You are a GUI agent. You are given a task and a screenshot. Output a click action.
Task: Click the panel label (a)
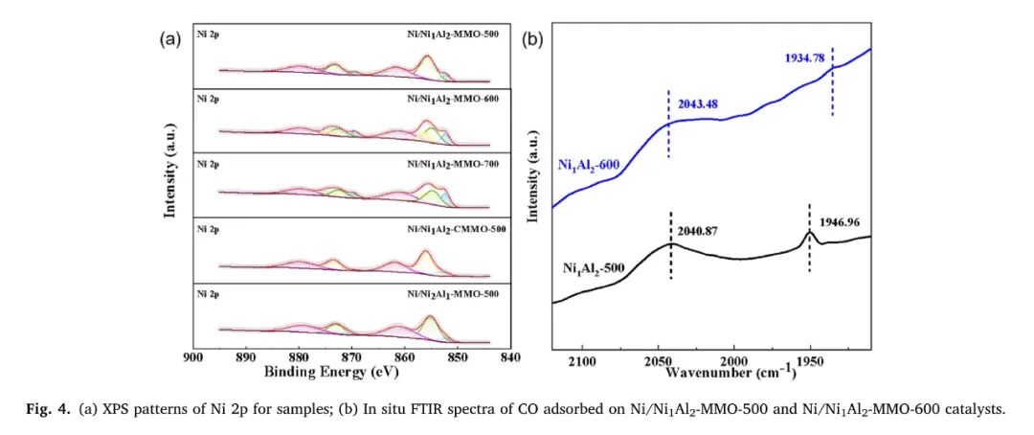click(169, 39)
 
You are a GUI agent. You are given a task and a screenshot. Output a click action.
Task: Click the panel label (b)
click(532, 39)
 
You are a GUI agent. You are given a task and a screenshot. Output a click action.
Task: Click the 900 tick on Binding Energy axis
click(193, 356)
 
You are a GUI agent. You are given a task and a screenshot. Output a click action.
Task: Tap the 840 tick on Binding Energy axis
click(509, 356)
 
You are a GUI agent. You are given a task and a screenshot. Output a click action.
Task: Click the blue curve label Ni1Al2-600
click(594, 165)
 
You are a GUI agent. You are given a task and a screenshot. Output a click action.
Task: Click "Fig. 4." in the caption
click(46, 410)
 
